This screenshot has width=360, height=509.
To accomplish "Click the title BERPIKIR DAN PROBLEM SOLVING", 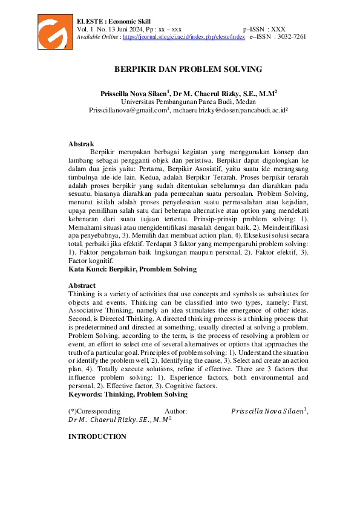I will click(x=188, y=70).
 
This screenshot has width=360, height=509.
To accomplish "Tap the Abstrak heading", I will click(x=81, y=144).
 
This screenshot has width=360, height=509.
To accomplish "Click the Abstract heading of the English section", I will click(x=82, y=285).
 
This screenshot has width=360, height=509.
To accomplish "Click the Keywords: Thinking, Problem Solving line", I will click(x=128, y=394).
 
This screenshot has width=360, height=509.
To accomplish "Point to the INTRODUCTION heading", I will click(x=97, y=436).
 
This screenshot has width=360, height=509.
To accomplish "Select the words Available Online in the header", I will click(x=97, y=36).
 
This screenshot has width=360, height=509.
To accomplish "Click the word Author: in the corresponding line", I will click(x=175, y=410).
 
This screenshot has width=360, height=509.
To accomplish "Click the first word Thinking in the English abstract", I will click(x=82, y=294).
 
